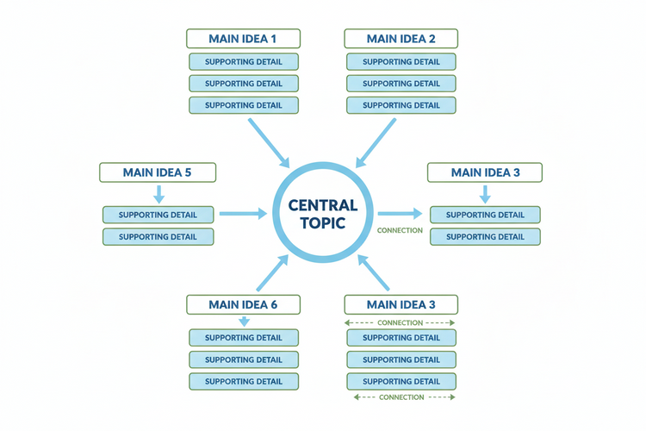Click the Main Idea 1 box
244,39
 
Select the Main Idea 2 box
401,39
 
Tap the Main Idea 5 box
158,172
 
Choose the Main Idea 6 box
244,304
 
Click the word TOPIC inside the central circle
323,222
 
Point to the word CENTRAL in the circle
323,205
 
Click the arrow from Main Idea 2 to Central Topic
376,141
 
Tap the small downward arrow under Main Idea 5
158,194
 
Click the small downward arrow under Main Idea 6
244,322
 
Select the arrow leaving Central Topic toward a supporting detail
401,213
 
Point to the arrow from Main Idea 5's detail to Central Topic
243,213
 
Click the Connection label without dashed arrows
401,230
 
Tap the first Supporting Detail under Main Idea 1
244,62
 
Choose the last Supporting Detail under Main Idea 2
401,105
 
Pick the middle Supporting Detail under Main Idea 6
244,359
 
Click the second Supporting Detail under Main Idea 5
158,236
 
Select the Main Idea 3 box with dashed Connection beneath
401,304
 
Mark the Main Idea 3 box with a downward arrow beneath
485,172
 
